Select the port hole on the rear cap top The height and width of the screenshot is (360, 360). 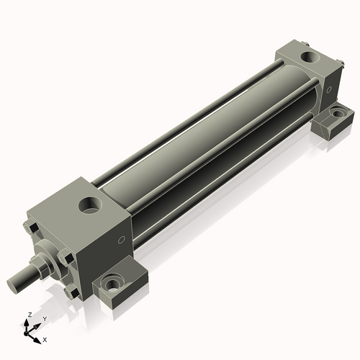tap(307, 55)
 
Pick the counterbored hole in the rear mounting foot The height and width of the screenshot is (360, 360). tap(336, 113)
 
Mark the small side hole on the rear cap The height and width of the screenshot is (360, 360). tap(329, 91)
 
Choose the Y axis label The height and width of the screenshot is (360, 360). tap(44, 318)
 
